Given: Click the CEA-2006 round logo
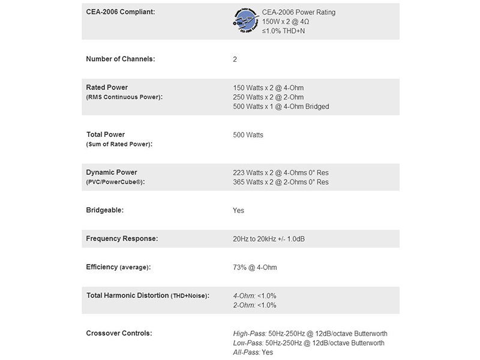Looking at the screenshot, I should (x=245, y=20).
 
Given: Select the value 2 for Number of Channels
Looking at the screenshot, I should (x=235, y=59).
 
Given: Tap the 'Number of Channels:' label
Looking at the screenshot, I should (x=121, y=59).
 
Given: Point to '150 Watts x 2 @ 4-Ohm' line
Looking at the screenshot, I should (x=268, y=88).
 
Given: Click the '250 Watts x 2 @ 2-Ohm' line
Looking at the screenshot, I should (x=268, y=97).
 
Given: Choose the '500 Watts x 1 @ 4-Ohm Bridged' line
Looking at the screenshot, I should (x=281, y=107).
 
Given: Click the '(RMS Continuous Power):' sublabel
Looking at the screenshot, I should (x=124, y=97).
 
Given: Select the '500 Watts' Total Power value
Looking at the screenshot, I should (x=248, y=135).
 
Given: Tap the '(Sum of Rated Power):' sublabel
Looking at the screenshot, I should (x=119, y=144).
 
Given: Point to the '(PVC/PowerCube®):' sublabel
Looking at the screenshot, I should (x=116, y=182).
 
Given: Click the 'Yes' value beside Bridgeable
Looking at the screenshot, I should (x=238, y=211).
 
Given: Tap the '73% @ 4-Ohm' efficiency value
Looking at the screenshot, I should (x=255, y=268).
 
